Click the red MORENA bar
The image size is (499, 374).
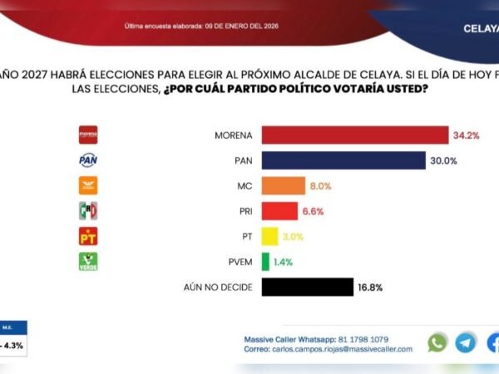[x=355, y=135]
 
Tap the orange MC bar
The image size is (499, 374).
[x=283, y=185]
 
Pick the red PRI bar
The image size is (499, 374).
[x=279, y=211]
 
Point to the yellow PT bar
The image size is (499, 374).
[x=269, y=236]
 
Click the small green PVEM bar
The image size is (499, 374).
[x=265, y=262]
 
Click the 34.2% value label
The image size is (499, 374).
[x=467, y=135]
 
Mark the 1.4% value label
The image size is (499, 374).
[x=283, y=262]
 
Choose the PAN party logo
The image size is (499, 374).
[x=88, y=160]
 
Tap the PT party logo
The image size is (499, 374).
[x=88, y=236]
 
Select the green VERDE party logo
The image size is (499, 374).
[x=88, y=262]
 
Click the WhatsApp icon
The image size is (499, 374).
[x=437, y=342]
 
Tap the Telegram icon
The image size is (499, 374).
[x=466, y=342]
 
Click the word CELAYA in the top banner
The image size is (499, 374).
[x=480, y=27]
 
